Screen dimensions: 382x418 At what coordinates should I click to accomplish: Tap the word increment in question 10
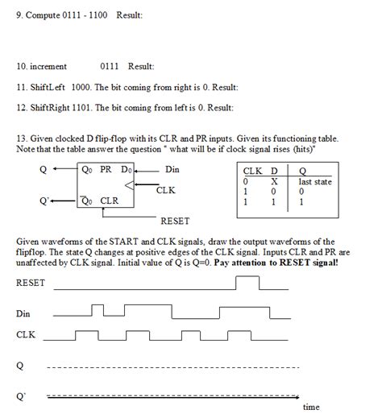point(49,67)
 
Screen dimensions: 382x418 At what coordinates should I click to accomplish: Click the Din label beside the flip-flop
point(172,169)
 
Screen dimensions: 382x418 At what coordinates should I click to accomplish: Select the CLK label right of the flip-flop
point(166,189)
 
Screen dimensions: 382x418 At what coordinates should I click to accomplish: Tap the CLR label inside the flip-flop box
point(112,201)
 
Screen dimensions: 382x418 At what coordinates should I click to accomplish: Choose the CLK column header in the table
point(251,172)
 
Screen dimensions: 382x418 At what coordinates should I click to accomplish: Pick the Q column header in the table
point(301,172)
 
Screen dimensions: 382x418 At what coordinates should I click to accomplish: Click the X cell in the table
point(274,182)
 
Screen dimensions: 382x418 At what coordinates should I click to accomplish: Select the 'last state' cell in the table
point(314,182)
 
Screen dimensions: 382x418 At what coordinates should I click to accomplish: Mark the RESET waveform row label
point(31,283)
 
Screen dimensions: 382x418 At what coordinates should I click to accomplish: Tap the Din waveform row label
point(23,313)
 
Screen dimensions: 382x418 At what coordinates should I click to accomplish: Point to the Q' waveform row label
point(21,395)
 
